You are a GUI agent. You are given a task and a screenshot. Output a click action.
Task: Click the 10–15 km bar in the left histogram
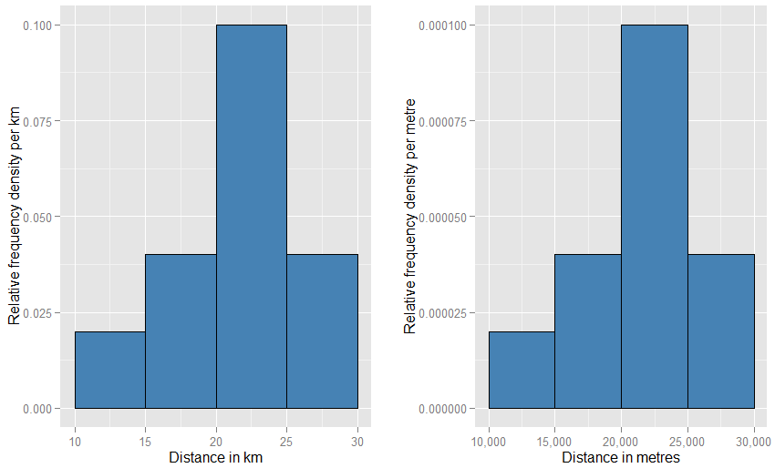pos(109,370)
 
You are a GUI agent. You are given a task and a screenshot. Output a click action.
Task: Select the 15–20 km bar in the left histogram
pos(181,331)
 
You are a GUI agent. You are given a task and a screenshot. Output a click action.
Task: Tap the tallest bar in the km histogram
pos(252,217)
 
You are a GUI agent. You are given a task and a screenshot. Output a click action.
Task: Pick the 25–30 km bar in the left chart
pos(322,331)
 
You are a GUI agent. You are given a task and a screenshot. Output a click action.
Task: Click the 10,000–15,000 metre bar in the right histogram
pos(522,370)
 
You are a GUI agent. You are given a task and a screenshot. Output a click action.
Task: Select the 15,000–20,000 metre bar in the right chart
pos(588,331)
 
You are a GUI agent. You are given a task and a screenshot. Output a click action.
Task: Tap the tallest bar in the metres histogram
pos(655,217)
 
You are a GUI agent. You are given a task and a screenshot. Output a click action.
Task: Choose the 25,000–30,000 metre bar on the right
pos(721,331)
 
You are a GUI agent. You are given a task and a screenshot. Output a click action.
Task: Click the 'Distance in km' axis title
pos(216,457)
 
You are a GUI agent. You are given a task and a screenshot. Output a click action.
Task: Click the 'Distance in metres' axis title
pos(621,457)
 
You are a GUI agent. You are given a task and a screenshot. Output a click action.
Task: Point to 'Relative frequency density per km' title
pos(14,217)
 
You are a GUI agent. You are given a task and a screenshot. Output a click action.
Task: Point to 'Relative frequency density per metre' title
pos(410,217)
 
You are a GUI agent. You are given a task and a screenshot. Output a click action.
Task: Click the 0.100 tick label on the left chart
pos(37,25)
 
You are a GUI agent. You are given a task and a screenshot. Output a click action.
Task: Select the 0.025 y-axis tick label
pos(37,313)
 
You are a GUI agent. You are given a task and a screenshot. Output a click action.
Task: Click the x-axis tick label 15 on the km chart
pos(145,441)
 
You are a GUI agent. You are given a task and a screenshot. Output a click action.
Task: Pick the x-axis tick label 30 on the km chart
pos(357,441)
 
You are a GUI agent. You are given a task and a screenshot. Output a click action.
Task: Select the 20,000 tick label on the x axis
pos(621,441)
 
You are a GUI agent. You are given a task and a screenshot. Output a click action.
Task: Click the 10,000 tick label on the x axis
pos(489,441)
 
